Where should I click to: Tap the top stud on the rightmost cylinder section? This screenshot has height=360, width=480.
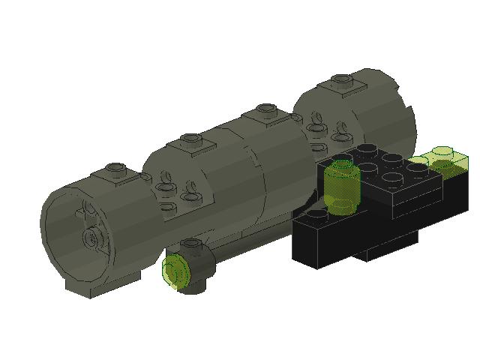(343, 79)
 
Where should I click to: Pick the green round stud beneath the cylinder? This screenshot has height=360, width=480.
(177, 270)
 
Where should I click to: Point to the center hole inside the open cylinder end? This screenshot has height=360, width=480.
(91, 238)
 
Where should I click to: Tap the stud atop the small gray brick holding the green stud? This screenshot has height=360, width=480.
(193, 244)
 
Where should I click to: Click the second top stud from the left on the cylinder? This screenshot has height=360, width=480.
(192, 139)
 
